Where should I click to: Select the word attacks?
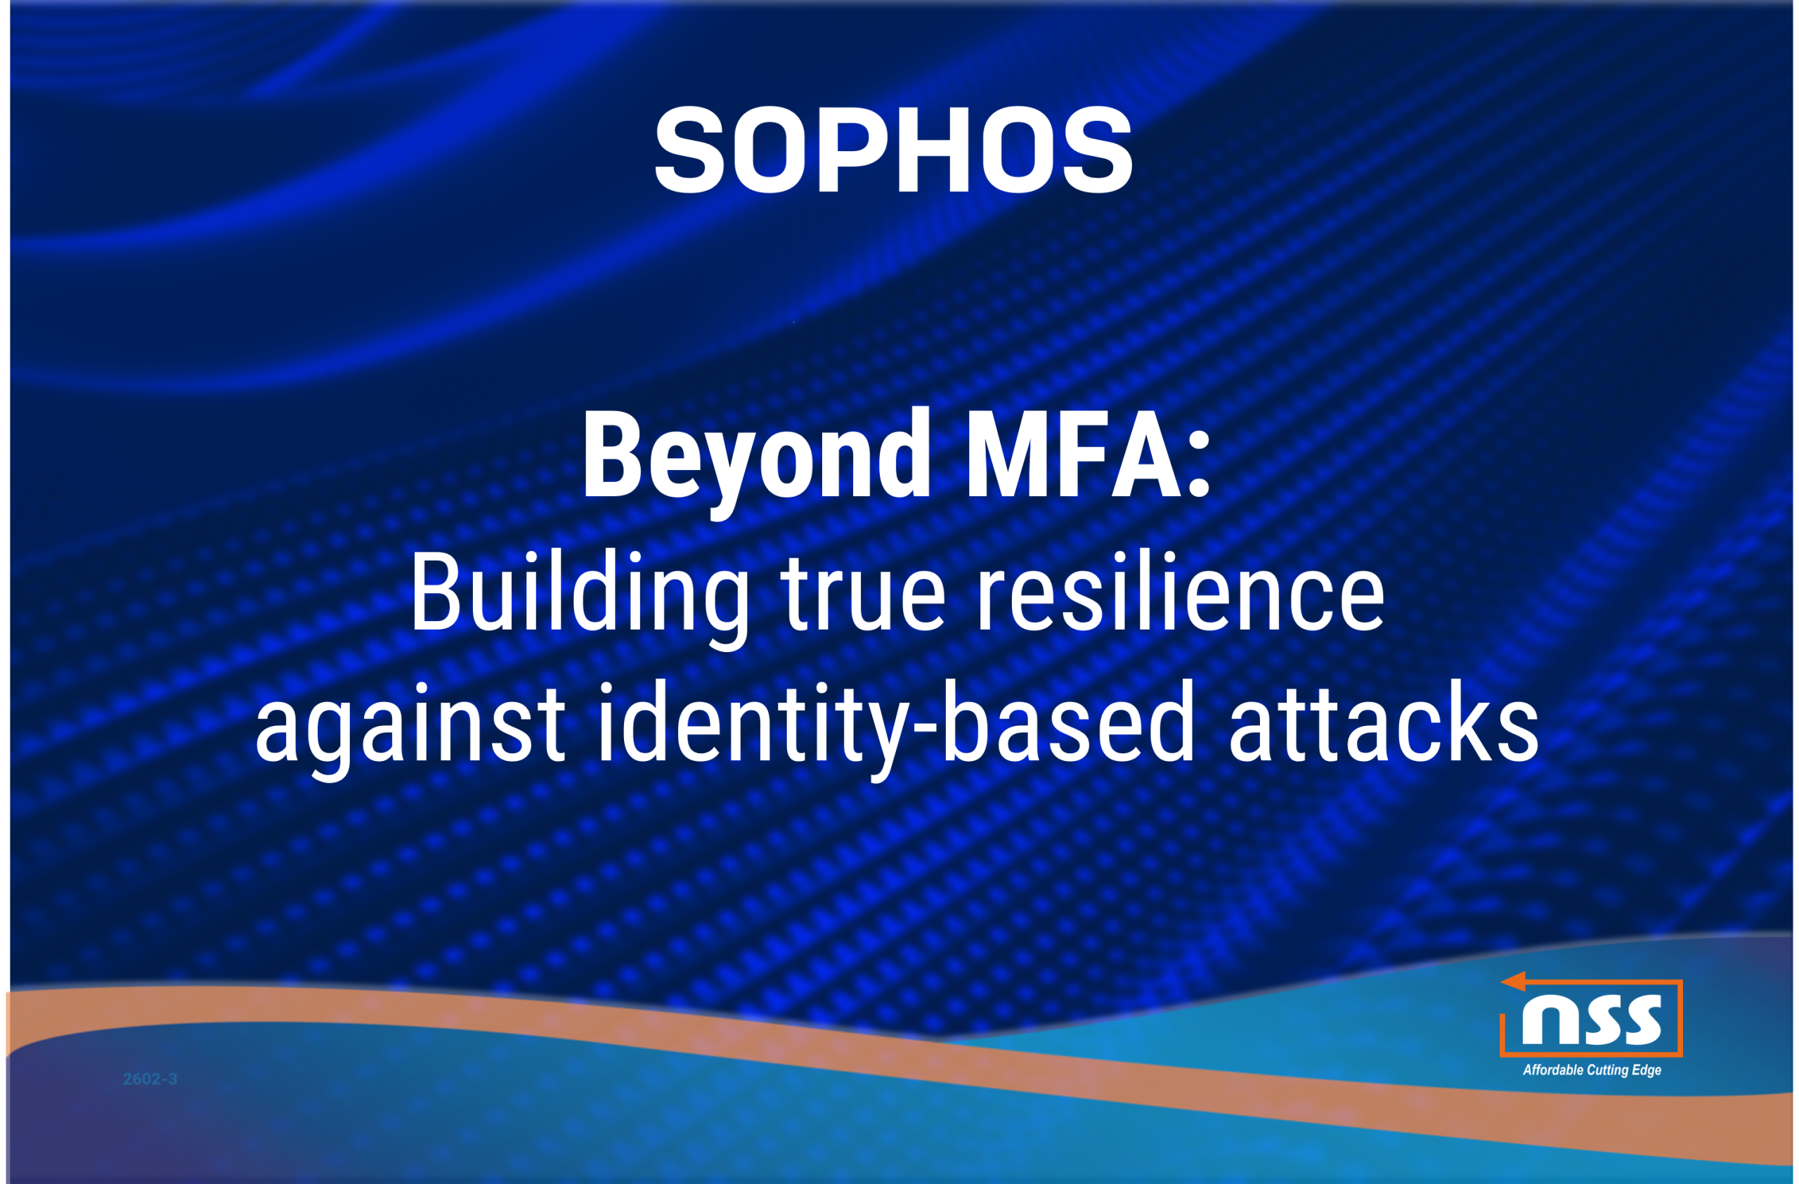pos(1383,722)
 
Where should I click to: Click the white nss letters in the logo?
pos(1592,1020)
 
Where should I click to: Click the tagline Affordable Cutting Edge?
pos(1592,1071)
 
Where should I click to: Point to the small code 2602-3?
pos(150,1079)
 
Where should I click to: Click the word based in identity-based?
pos(1067,722)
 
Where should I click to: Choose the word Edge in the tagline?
pos(1647,1071)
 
